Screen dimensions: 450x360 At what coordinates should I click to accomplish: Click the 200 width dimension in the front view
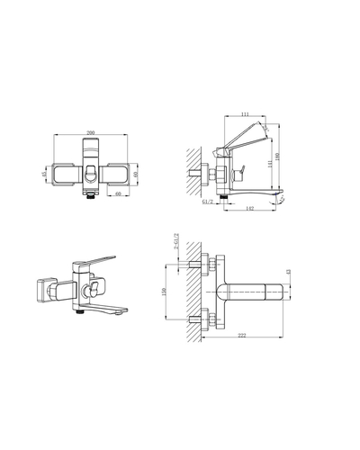click(x=91, y=132)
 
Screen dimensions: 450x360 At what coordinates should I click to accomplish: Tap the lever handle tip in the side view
click(x=266, y=128)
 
